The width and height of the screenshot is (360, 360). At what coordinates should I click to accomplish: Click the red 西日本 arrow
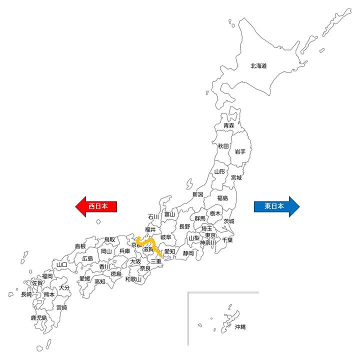(96, 205)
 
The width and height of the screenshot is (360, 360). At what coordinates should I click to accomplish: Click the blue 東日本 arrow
(276, 205)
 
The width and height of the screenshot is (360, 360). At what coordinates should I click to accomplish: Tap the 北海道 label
(258, 65)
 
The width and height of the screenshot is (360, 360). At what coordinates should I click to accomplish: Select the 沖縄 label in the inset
(240, 327)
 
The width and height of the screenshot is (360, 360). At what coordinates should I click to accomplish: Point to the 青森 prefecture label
(229, 125)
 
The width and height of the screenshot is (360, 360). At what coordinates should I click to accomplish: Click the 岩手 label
(240, 151)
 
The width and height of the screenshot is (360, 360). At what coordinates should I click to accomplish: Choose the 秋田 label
(223, 146)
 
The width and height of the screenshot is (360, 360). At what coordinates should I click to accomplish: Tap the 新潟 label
(197, 194)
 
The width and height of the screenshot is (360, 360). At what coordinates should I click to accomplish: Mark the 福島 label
(222, 198)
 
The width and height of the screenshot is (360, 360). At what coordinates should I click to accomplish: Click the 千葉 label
(227, 240)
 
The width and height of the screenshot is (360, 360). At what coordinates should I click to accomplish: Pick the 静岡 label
(188, 253)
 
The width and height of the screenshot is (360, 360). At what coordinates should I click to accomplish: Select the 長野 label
(184, 226)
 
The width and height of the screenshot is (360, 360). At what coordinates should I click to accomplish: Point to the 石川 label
(153, 217)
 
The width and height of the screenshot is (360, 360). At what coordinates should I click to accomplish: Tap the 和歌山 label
(133, 279)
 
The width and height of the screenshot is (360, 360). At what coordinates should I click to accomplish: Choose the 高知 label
(100, 281)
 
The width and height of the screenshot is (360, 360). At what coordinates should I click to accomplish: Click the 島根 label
(80, 246)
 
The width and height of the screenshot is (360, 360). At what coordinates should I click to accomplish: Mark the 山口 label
(62, 264)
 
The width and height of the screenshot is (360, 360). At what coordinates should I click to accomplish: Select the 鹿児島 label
(38, 317)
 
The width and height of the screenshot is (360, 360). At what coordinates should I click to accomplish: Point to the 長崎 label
(26, 294)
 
